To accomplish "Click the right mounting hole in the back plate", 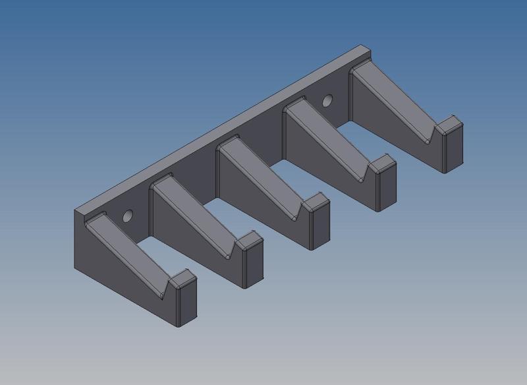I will (327, 101).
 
